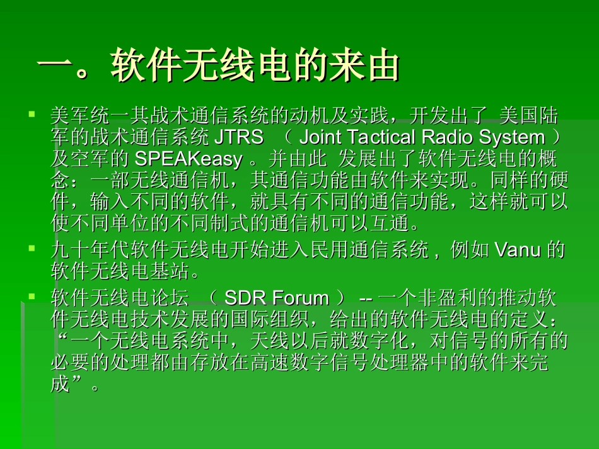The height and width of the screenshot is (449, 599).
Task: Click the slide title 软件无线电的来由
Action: (x=255, y=66)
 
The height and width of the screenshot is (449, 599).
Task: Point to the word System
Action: (x=512, y=137)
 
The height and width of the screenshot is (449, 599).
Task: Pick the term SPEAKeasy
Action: (x=188, y=159)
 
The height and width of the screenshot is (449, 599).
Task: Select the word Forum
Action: (x=301, y=298)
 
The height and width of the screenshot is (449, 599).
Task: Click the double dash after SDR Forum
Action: (x=366, y=298)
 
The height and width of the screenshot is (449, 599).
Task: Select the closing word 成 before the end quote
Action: (x=60, y=385)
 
